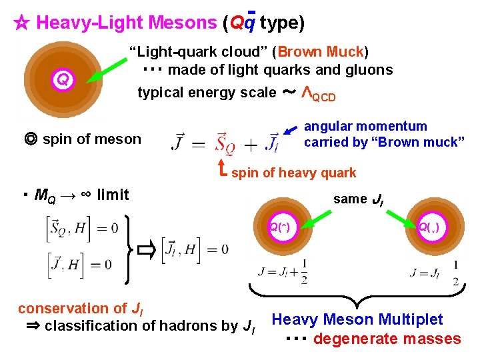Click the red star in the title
21,23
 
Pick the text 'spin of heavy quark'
293,173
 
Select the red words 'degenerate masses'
387,339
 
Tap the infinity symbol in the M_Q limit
85,195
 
